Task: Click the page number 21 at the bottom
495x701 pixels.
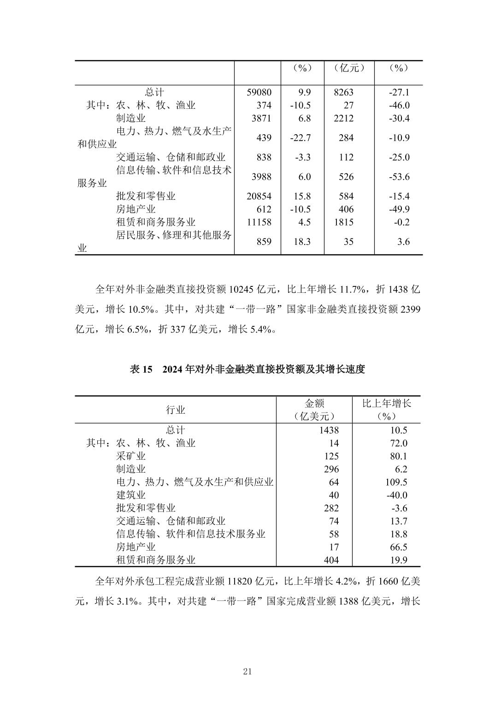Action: (247, 671)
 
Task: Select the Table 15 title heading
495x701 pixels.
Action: (247, 369)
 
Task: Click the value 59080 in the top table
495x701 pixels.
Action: (259, 92)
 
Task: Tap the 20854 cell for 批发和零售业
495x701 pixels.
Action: (259, 196)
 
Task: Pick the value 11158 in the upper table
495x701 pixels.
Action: (259, 222)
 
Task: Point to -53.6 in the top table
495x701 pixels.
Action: (399, 177)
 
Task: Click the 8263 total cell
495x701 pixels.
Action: (343, 92)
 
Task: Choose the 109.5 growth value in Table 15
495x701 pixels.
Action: (398, 482)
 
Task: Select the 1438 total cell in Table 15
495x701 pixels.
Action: (328, 430)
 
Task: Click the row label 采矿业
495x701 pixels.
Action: (131, 456)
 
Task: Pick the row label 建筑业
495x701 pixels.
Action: (131, 495)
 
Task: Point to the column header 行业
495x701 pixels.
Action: (176, 410)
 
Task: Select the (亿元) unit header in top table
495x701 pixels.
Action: (349, 68)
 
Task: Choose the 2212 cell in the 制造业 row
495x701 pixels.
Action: (343, 119)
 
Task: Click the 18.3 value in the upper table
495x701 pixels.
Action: (302, 242)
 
